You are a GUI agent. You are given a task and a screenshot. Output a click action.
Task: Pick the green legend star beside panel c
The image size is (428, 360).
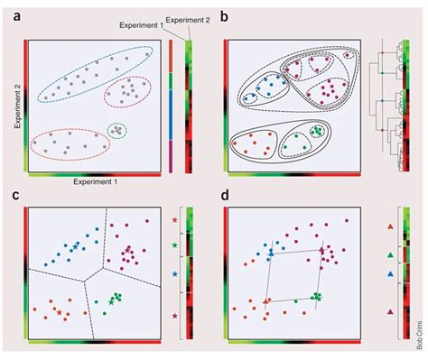tap(174, 245)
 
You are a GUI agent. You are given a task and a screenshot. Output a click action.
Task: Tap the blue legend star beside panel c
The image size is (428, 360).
tap(174, 272)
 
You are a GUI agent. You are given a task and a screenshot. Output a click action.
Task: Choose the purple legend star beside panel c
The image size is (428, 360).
tap(174, 314)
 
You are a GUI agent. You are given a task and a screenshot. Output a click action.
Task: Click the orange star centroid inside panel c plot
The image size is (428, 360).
tap(60, 312)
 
